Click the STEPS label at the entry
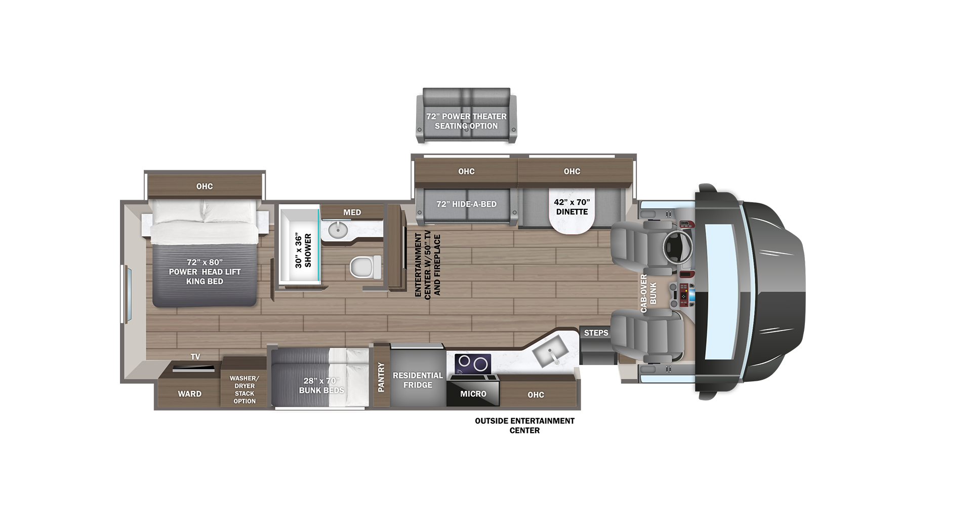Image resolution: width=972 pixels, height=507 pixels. [596, 333]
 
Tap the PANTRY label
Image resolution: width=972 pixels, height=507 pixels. [381, 377]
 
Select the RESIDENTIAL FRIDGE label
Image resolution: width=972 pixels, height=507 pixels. [418, 380]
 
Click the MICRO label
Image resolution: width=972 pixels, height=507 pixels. [473, 394]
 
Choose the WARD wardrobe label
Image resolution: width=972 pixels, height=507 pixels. [189, 394]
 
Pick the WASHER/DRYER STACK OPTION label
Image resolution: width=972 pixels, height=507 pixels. [245, 390]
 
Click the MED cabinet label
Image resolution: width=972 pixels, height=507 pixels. [352, 212]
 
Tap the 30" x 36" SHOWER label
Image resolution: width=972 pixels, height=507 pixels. [303, 250]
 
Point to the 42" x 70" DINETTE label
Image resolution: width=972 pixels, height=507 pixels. [572, 207]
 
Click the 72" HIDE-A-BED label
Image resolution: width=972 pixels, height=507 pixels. [466, 204]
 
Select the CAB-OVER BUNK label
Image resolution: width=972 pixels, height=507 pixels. [648, 294]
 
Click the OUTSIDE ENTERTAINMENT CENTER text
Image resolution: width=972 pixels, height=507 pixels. [524, 425]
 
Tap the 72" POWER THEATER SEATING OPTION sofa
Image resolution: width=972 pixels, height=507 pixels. [466, 116]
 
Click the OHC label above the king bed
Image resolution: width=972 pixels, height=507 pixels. [205, 187]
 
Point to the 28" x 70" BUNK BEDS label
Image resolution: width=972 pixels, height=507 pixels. [321, 385]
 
